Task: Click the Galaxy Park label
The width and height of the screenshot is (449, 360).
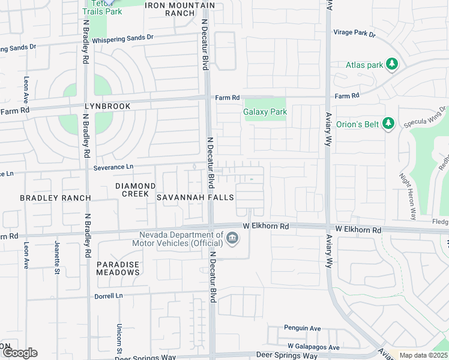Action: [x=265, y=112]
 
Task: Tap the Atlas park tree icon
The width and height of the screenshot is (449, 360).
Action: [x=392, y=63]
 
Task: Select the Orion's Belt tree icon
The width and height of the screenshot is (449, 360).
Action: [x=388, y=123]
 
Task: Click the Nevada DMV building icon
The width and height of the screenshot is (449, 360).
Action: [x=232, y=239]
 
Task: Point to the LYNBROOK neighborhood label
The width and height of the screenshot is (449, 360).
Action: [x=107, y=106]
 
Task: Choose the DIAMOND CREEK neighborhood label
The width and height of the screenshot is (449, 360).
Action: [x=136, y=190]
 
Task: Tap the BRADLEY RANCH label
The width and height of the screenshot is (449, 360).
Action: [x=55, y=198]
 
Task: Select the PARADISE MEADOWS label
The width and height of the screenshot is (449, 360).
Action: [x=118, y=268]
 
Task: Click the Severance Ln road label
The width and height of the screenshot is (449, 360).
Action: [x=113, y=167]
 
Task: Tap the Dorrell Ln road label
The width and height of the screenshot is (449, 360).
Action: [x=108, y=296]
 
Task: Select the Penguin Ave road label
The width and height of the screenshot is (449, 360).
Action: [x=303, y=328]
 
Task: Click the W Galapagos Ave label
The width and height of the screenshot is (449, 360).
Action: [x=313, y=347]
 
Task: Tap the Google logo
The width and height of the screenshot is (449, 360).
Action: [x=19, y=353]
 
